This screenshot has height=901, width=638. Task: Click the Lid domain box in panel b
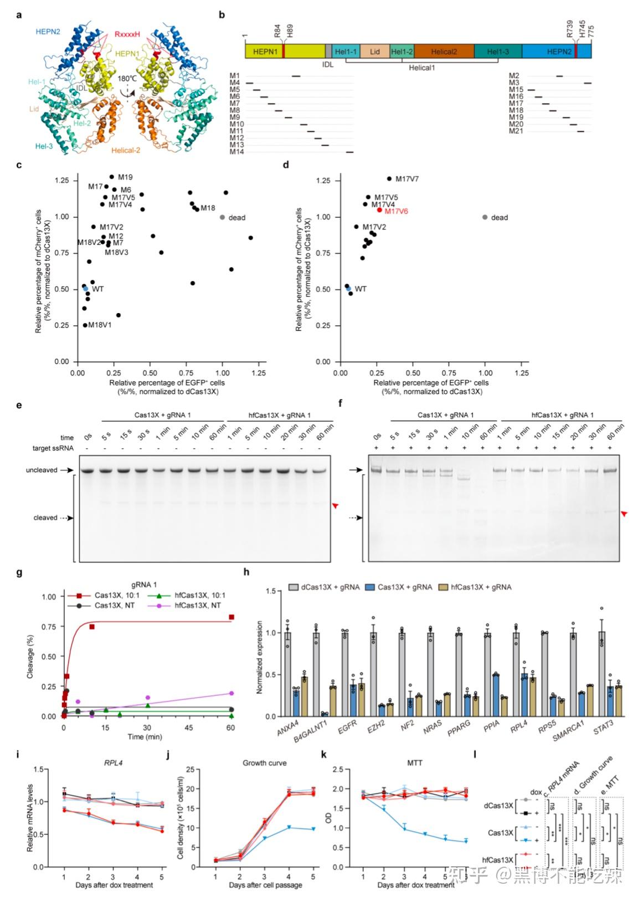[375, 52]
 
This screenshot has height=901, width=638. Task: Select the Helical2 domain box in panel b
[444, 52]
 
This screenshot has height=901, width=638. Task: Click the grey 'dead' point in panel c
[223, 217]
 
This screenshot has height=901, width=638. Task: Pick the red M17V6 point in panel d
[379, 210]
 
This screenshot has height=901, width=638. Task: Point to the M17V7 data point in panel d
[389, 178]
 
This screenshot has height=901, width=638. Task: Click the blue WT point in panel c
[85, 289]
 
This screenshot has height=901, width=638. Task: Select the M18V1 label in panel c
[100, 325]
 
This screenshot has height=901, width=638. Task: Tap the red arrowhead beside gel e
[335, 505]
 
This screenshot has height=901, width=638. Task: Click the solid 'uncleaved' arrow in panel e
[67, 470]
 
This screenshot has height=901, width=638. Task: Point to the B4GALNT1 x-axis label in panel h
[311, 731]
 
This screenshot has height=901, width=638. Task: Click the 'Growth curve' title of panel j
[265, 763]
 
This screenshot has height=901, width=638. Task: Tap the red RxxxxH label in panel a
[130, 34]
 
